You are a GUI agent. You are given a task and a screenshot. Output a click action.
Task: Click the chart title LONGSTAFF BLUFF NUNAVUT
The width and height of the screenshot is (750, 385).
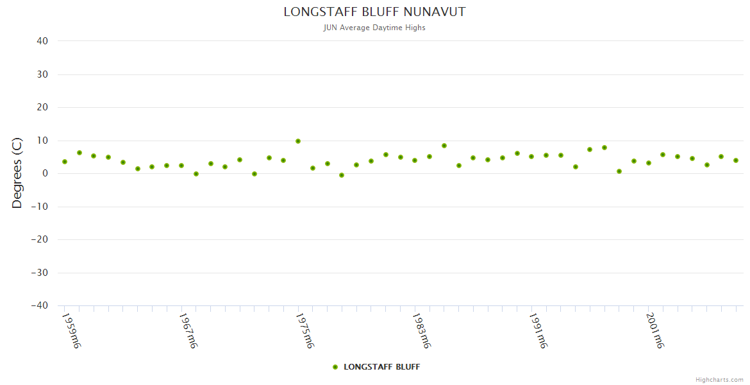374,12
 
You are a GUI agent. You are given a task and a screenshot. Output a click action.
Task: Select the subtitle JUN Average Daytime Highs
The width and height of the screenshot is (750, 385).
374,28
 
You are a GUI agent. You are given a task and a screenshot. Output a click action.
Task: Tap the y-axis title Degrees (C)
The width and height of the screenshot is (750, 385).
17,173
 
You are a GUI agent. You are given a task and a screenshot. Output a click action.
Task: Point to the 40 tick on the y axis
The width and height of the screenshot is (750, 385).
42,41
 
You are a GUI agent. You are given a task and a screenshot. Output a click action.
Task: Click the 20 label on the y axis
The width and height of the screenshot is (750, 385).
42,107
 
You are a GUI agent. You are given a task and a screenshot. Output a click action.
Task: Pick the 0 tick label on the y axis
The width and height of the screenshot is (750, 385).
45,173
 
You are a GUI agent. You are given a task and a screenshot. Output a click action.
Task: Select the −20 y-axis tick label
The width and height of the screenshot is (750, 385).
39,239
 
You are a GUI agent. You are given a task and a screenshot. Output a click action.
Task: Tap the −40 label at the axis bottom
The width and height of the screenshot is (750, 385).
39,305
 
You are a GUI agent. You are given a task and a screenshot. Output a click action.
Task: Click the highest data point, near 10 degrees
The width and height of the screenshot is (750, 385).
298,141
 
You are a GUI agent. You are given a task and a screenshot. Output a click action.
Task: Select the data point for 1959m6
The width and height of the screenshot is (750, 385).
65,162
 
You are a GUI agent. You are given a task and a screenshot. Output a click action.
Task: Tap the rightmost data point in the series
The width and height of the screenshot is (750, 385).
736,160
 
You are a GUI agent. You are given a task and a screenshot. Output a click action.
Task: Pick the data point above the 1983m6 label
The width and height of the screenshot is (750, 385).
415,160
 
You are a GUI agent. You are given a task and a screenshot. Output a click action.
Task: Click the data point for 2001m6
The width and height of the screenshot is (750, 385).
648,163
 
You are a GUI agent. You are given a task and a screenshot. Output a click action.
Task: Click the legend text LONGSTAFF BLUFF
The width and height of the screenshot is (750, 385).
382,367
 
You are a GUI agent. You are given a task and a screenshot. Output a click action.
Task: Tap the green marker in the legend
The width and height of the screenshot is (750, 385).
335,367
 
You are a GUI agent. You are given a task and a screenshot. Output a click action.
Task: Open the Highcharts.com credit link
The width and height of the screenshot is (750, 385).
719,380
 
